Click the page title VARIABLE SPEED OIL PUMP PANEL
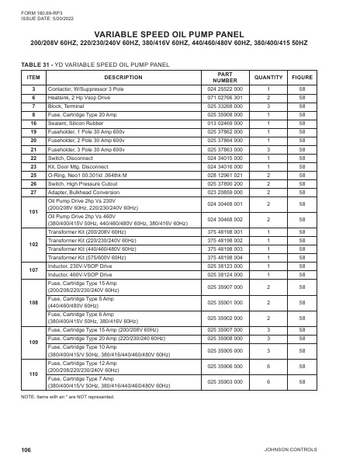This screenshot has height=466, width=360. click(179, 35)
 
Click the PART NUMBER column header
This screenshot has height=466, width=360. click(225, 78)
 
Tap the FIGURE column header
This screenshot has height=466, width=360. click(302, 78)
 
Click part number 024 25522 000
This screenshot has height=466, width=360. click(225, 90)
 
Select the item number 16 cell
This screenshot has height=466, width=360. click(33, 123)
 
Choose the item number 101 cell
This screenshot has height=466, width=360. click(33, 212)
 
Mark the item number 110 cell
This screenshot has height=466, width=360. click(33, 374)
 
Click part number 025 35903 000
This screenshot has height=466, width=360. click(225, 381)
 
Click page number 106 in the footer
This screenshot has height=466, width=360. click(26, 450)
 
